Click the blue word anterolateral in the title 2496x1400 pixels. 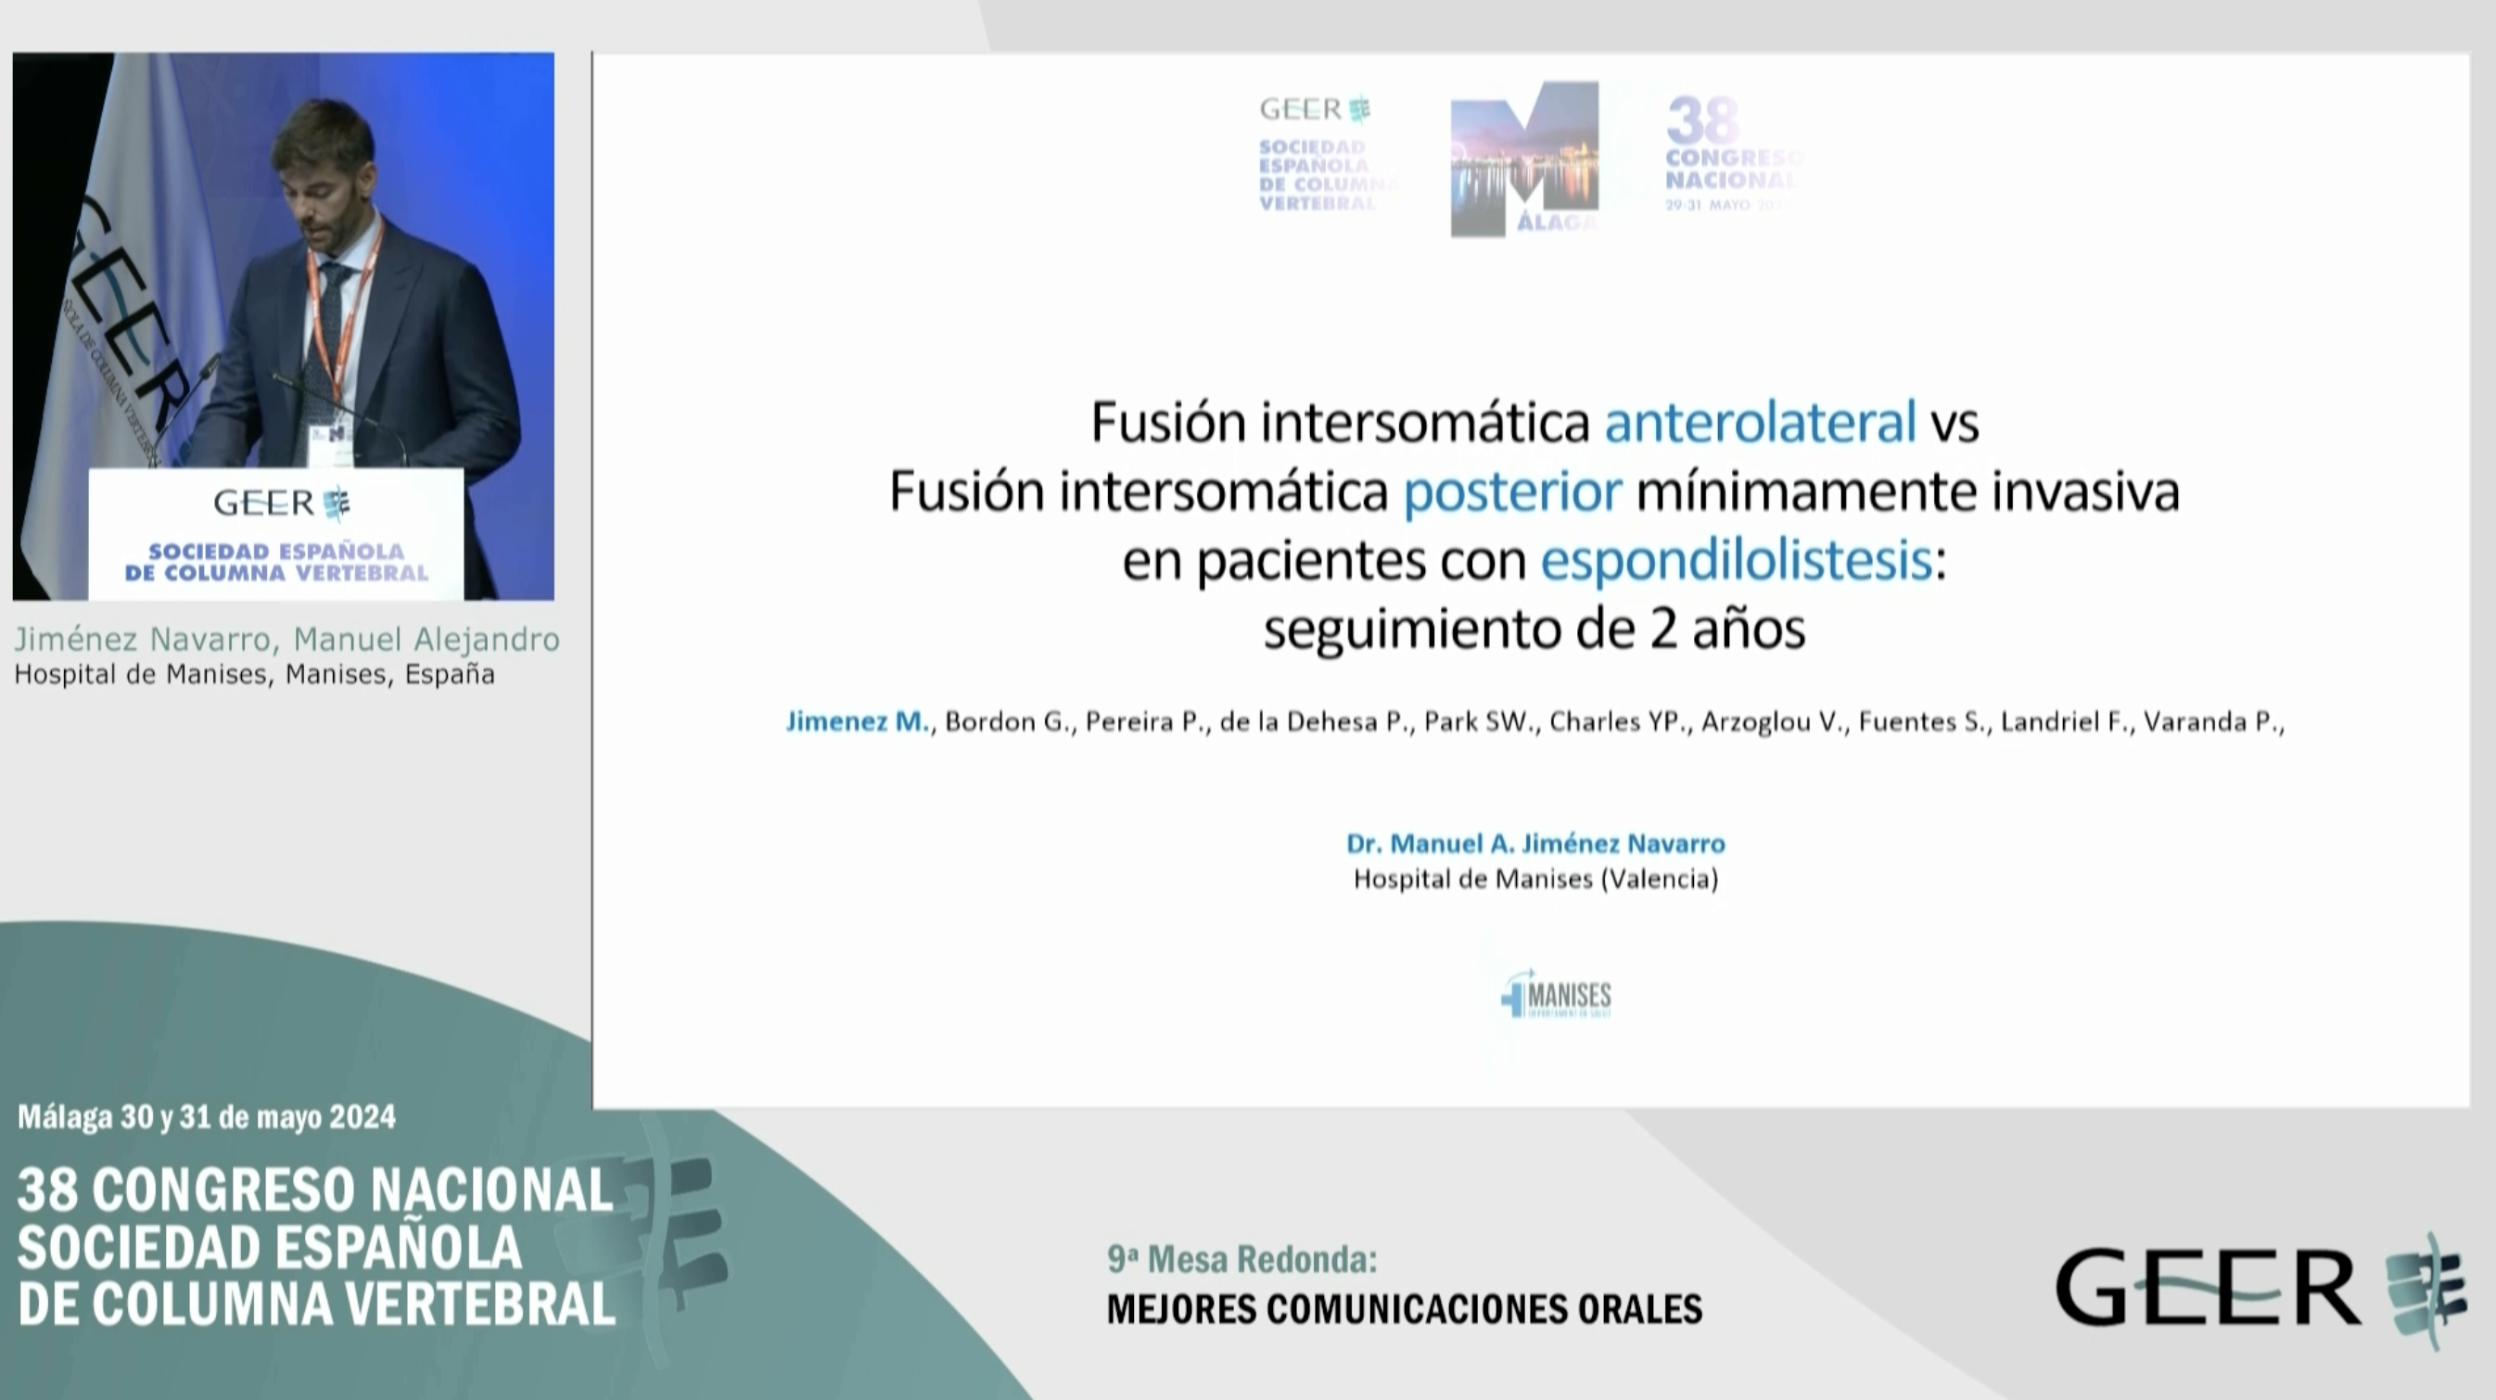pos(1760,423)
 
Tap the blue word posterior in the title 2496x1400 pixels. pos(1511,492)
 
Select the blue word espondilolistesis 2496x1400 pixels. pos(1737,561)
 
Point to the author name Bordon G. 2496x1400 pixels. pos(1009,722)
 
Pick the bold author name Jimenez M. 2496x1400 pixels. pos(858,722)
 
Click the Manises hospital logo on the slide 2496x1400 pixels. pos(1556,997)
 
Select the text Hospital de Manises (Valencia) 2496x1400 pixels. pos(1535,879)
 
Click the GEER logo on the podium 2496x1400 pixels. pos(281,503)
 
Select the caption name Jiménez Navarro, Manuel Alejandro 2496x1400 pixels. pos(287,640)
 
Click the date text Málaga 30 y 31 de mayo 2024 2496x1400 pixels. pos(207,1117)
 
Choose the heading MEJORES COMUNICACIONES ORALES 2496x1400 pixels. pos(1404,1309)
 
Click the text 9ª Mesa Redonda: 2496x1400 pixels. pos(1242,1259)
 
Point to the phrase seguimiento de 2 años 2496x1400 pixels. pos(1534,630)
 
